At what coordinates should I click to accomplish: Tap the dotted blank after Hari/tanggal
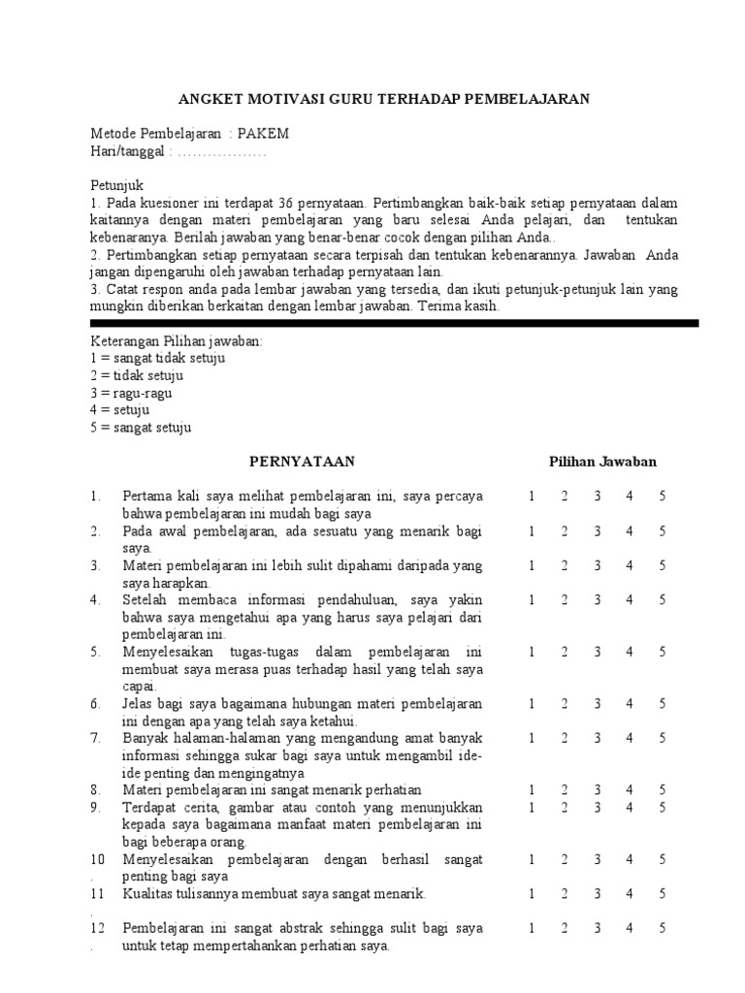pos(222,151)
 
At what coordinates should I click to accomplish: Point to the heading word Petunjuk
pos(116,185)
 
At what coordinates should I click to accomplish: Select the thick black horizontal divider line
pos(394,323)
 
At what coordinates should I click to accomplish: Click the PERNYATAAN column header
pos(302,462)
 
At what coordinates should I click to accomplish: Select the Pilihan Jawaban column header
pos(603,462)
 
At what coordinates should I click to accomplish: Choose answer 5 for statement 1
pos(662,496)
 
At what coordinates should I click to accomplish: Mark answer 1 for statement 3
pos(533,565)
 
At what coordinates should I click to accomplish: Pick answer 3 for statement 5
pos(598,652)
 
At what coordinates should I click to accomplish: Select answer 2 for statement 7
pos(565,738)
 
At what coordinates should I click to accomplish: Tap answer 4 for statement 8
pos(630,790)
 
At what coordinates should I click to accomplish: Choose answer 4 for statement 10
pos(630,859)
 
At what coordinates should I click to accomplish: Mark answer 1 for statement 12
pos(533,928)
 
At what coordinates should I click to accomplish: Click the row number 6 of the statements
pos(95,704)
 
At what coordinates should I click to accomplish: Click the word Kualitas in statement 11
pos(146,894)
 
